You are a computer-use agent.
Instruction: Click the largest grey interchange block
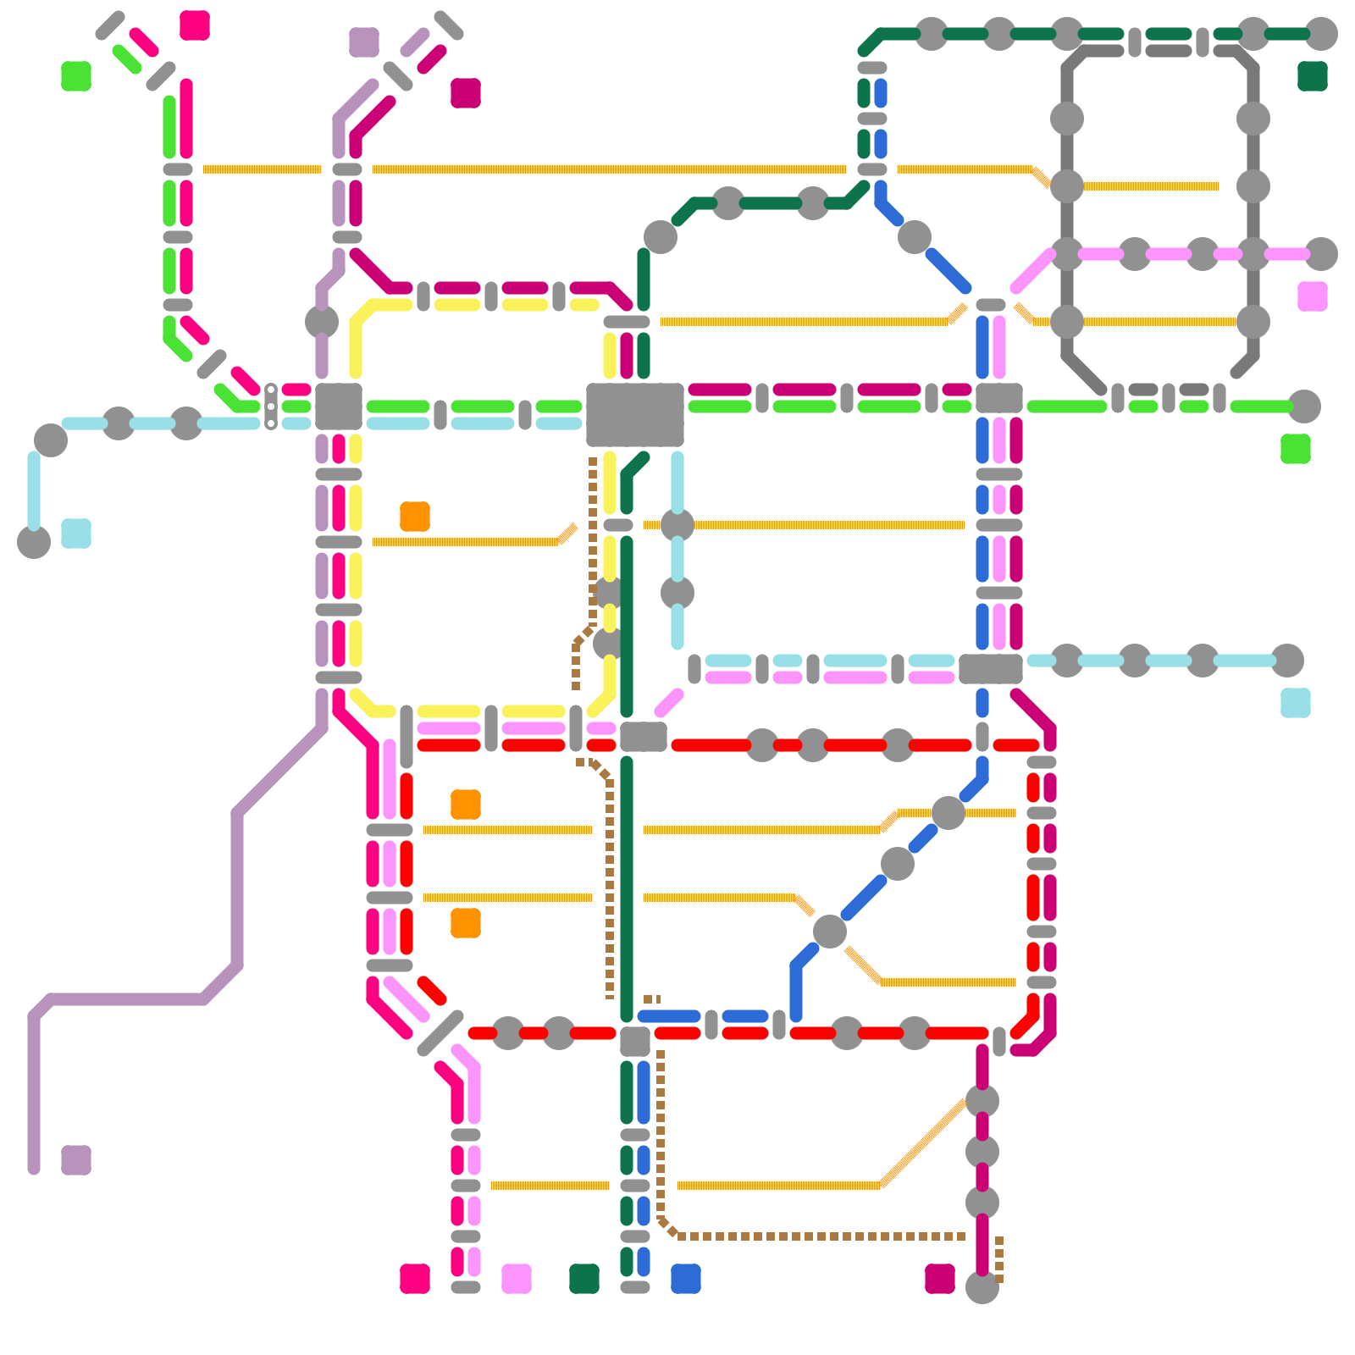coord(635,415)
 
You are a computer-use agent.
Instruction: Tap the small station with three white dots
coord(271,406)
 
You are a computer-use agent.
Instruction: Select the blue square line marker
coord(686,1279)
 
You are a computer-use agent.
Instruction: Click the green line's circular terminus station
coord(1304,406)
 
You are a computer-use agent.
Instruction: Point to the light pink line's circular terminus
coord(1321,254)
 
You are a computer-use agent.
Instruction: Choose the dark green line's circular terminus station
coord(1321,34)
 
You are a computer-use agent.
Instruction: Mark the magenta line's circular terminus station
coord(982,1287)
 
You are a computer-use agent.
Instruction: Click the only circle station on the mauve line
coord(322,322)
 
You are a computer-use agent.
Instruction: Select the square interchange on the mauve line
coord(339,406)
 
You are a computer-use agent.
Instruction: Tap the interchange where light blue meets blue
coord(991,669)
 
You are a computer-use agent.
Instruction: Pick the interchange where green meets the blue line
coord(999,398)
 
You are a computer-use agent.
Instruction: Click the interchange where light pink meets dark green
coord(644,737)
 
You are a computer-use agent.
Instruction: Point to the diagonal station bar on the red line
coord(440,1033)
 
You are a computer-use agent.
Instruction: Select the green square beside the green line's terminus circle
coord(1296,449)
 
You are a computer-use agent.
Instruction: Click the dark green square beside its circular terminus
coord(1313,76)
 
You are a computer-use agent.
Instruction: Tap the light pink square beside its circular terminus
coord(1313,296)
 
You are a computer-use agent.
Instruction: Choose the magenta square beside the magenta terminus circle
coord(940,1279)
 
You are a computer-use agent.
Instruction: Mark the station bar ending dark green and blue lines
coord(635,1287)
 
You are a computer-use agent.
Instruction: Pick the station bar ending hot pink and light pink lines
coord(466,1287)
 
